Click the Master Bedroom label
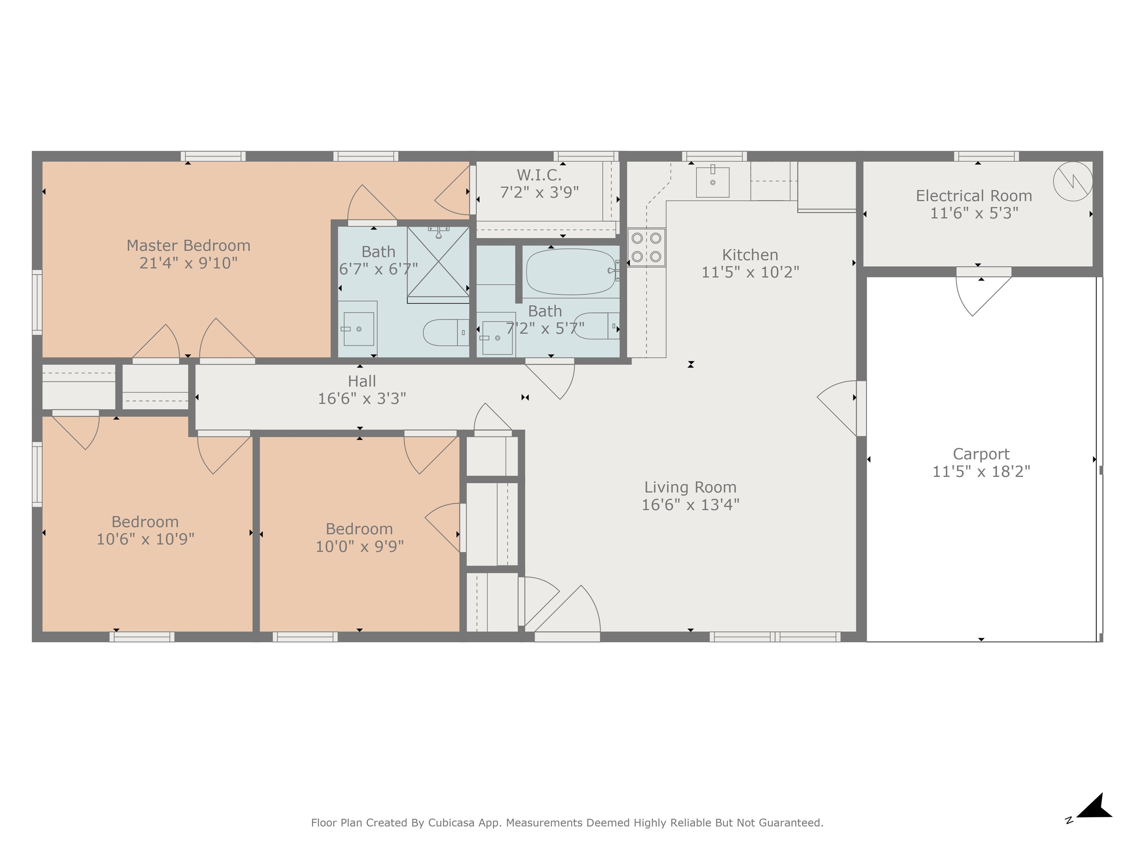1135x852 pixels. (188, 246)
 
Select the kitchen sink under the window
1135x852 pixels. (712, 182)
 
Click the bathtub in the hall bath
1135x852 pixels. (570, 272)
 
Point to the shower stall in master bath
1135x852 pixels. (438, 263)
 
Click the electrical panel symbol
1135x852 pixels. (1073, 181)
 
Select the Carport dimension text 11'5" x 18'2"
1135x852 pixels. (981, 471)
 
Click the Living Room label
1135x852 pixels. (690, 487)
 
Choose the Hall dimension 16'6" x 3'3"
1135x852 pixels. (362, 399)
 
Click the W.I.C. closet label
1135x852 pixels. (539, 175)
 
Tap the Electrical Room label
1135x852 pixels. (974, 196)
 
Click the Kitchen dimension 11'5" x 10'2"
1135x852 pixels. (750, 272)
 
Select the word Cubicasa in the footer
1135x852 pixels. (450, 823)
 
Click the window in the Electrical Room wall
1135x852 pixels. (986, 156)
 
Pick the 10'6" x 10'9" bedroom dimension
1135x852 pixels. (145, 539)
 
